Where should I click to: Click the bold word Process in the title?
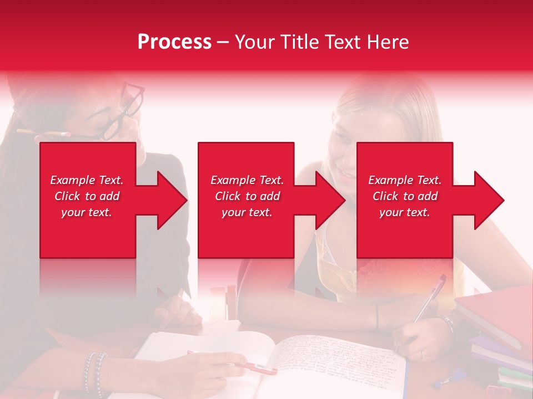coord(174,42)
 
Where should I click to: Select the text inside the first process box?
coord(87,196)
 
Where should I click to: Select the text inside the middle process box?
coord(247,196)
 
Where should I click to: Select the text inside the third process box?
coord(405,196)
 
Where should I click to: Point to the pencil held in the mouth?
coord(44,133)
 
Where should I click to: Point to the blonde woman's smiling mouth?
coord(345,176)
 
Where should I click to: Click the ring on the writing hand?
coord(422,353)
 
